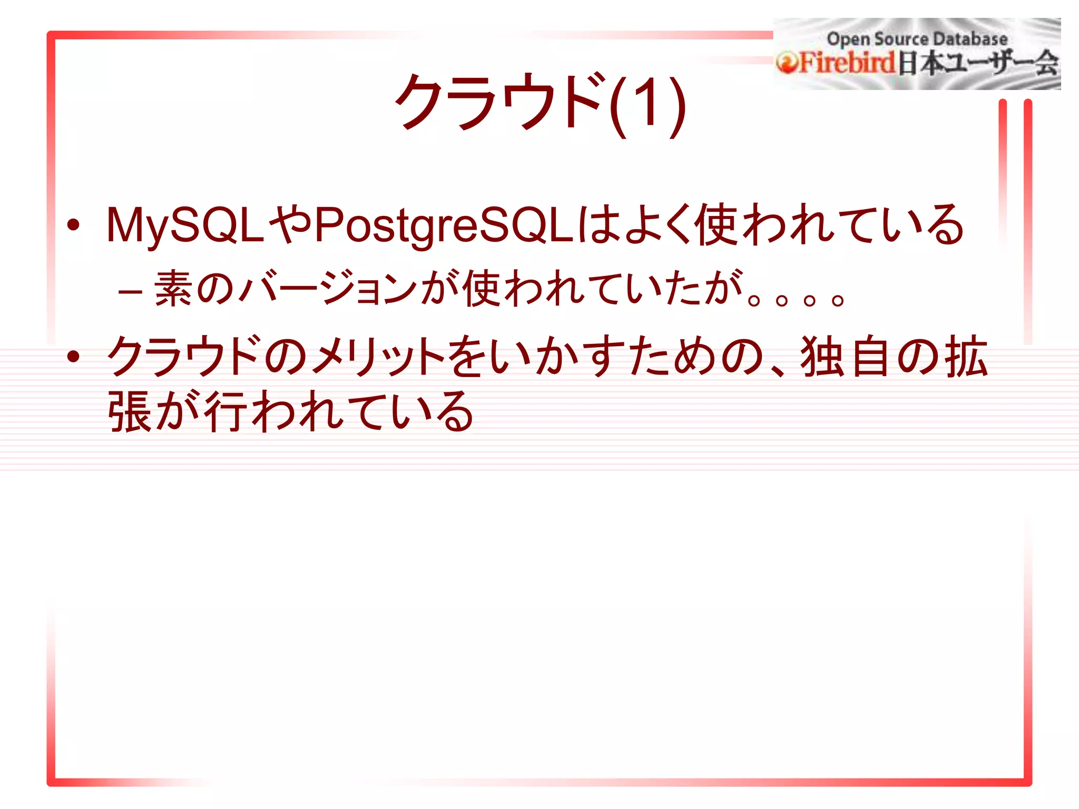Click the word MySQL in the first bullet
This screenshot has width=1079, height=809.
184,225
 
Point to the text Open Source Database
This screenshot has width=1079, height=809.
917,38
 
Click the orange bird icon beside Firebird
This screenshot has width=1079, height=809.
787,63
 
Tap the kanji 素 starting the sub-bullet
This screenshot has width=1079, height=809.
174,289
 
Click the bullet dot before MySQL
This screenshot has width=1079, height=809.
73,225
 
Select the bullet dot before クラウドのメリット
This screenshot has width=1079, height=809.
73,357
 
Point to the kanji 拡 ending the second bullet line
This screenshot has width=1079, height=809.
966,357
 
